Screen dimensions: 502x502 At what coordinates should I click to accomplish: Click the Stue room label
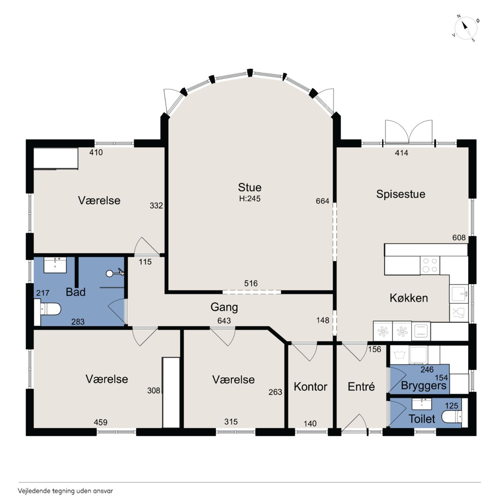pyautogui.click(x=249, y=187)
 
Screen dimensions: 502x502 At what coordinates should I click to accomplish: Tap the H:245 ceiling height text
pyautogui.click(x=250, y=199)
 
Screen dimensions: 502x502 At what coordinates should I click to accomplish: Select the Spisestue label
pyautogui.click(x=401, y=195)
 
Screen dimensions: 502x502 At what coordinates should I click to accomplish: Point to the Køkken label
pyautogui.click(x=409, y=298)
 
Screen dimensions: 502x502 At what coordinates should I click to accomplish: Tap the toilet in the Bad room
pyautogui.click(x=48, y=309)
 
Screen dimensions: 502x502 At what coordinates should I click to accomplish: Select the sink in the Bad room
pyautogui.click(x=55, y=265)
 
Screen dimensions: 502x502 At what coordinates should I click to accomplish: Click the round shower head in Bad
pyautogui.click(x=109, y=273)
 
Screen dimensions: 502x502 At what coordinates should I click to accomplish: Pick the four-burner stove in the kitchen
pyautogui.click(x=430, y=265)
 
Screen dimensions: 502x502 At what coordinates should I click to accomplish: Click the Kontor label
pyautogui.click(x=310, y=387)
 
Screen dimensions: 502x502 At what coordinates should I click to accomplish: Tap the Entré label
pyautogui.click(x=361, y=387)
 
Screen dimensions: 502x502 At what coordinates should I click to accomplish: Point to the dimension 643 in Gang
pyautogui.click(x=224, y=320)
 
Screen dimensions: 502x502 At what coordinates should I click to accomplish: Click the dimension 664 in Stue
pyautogui.click(x=322, y=201)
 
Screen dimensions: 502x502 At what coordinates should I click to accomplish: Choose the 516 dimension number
pyautogui.click(x=251, y=283)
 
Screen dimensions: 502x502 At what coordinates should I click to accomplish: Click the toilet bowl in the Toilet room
pyautogui.click(x=451, y=418)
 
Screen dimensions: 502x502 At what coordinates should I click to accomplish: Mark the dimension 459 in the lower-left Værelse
pyautogui.click(x=100, y=422)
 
